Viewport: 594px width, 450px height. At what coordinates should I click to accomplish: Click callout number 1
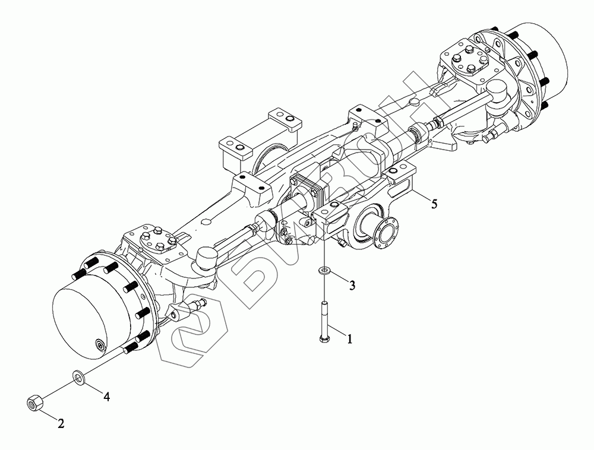coord(350,338)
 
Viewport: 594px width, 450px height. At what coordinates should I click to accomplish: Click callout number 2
coord(61,423)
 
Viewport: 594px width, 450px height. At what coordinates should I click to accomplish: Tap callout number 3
coord(352,286)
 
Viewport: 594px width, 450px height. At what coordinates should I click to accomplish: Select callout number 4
coord(107,397)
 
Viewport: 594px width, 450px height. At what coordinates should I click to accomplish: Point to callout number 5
coord(434,204)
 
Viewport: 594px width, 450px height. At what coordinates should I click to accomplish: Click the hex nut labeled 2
coord(34,402)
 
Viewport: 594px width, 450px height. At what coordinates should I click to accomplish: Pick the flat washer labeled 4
coord(79,378)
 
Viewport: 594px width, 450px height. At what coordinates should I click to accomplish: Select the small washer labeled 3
coord(324,271)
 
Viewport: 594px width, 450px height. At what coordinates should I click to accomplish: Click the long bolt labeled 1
coord(324,322)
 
